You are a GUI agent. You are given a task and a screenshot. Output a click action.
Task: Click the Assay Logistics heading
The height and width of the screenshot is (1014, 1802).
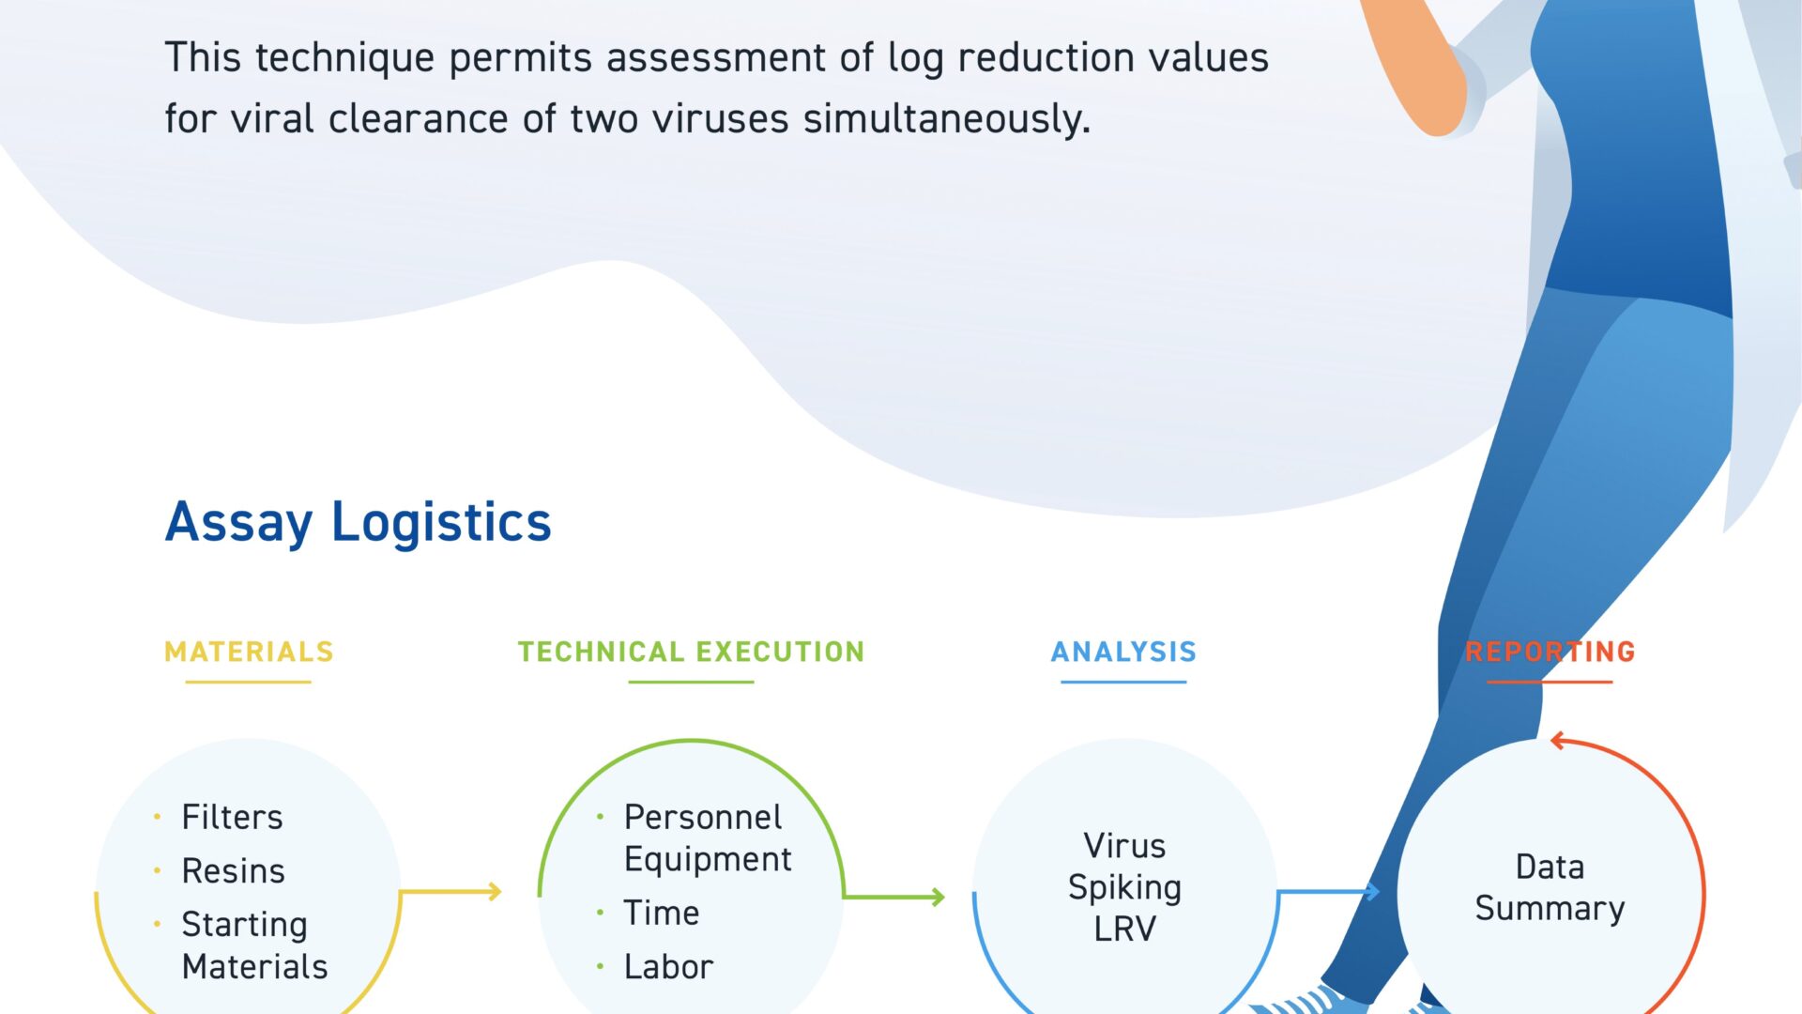point(358,522)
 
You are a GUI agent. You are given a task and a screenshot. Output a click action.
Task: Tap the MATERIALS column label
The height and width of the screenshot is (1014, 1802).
point(249,652)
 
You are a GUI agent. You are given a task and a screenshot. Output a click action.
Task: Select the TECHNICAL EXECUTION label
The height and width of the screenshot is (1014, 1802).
point(691,652)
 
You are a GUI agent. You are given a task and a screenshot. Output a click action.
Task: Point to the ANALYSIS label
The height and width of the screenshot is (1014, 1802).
point(1123,652)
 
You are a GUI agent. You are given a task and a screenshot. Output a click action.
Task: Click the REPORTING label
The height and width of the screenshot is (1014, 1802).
point(1550,652)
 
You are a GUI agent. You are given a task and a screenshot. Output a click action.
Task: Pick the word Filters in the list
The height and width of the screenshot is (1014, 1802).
point(232,818)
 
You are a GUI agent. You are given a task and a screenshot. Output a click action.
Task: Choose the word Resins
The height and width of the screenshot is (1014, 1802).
point(233,871)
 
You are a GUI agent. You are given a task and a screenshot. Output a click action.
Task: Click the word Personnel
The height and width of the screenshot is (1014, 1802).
point(703,818)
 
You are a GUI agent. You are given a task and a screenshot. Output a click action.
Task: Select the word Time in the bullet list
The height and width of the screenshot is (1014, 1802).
point(662,913)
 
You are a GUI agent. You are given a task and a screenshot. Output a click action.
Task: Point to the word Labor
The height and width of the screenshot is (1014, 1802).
point(668,967)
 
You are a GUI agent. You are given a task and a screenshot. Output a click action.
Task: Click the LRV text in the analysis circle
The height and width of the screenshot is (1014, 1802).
point(1124,929)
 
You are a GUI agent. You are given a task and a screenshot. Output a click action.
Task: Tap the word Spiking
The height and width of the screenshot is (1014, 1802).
point(1124,888)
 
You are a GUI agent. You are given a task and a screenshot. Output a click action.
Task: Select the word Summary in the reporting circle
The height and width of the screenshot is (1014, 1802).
point(1550,909)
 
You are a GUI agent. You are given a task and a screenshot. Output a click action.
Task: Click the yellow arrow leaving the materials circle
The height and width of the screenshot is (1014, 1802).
point(450,891)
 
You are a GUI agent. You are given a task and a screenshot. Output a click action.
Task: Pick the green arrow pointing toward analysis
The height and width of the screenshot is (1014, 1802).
point(893,897)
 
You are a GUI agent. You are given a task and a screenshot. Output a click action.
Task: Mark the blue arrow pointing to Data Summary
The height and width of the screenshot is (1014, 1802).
point(1328,891)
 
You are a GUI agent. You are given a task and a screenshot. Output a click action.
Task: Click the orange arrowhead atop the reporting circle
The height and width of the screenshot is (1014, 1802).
point(1558,741)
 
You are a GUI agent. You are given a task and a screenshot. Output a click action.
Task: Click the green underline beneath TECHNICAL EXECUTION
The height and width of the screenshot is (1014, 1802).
point(691,682)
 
